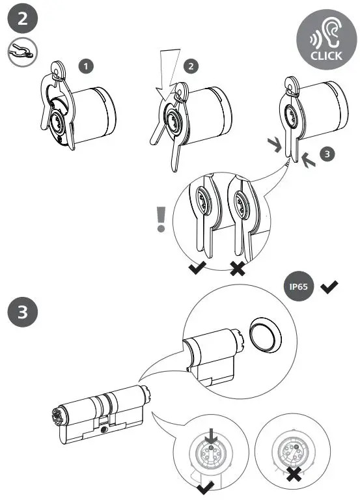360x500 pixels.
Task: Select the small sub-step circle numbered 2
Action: coord(189,65)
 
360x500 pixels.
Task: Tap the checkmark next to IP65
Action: coord(329,287)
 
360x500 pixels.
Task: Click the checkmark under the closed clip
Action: coord(197,268)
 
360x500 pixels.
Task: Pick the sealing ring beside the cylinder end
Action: coord(266,334)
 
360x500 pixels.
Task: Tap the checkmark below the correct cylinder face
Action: coord(208,486)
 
